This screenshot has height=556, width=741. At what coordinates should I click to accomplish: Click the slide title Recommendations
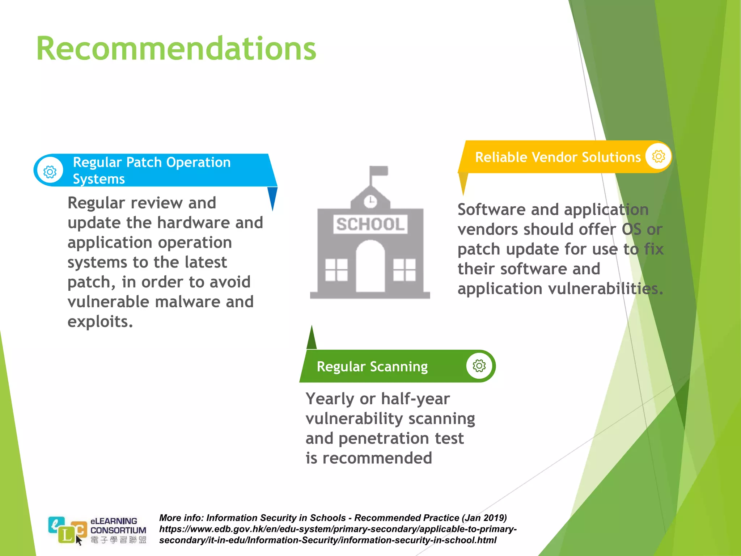click(x=176, y=49)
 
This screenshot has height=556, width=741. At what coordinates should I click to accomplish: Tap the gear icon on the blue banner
click(x=50, y=172)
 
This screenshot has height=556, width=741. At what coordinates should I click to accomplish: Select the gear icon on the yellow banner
click(x=659, y=156)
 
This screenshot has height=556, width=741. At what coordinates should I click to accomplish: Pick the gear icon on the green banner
click(x=479, y=366)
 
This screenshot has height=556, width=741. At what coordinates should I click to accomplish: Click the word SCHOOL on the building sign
click(x=370, y=224)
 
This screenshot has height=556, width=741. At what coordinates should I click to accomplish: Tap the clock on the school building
click(x=370, y=201)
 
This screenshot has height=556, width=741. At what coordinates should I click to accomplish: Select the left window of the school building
click(x=336, y=270)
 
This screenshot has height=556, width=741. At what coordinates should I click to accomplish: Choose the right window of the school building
click(x=404, y=270)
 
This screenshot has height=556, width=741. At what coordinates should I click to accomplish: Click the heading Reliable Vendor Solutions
click(x=558, y=157)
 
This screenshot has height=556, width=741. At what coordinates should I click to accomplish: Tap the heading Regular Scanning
click(x=372, y=367)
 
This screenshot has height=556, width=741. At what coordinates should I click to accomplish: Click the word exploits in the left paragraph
click(x=100, y=322)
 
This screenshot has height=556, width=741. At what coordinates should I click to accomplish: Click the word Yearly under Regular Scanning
click(x=330, y=399)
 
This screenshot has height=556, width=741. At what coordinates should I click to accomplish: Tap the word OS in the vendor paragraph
click(x=631, y=229)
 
